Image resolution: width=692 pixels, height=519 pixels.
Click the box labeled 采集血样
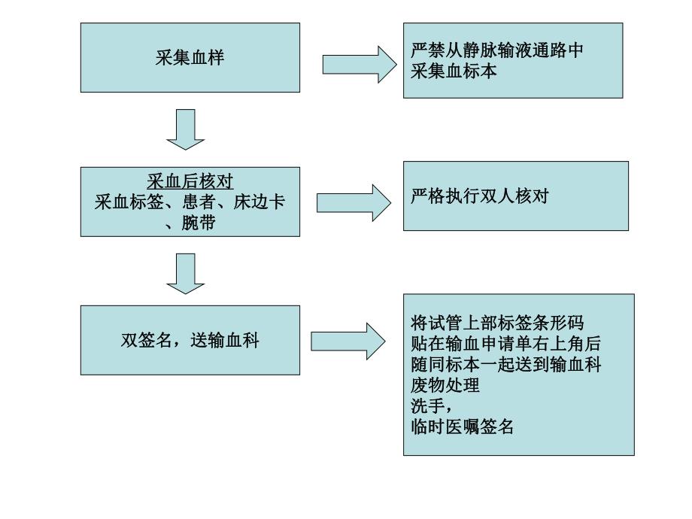[190, 58]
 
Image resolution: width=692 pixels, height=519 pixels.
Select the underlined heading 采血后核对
[190, 182]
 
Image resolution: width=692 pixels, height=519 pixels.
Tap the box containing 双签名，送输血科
[190, 340]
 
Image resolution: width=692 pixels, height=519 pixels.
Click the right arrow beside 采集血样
[360, 64]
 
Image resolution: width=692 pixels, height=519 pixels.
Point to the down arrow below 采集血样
[185, 129]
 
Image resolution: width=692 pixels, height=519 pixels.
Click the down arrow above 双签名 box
[185, 273]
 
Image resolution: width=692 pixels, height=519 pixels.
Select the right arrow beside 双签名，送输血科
[348, 341]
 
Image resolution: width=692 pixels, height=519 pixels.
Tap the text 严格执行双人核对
[480, 197]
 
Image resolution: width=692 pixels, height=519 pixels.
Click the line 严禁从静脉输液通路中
[497, 52]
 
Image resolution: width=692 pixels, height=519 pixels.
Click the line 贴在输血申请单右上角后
[505, 344]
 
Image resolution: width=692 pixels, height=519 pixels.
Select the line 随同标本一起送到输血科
[505, 365]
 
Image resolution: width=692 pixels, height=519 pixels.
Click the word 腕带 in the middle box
[198, 223]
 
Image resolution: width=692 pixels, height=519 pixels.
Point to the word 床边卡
[259, 202]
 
